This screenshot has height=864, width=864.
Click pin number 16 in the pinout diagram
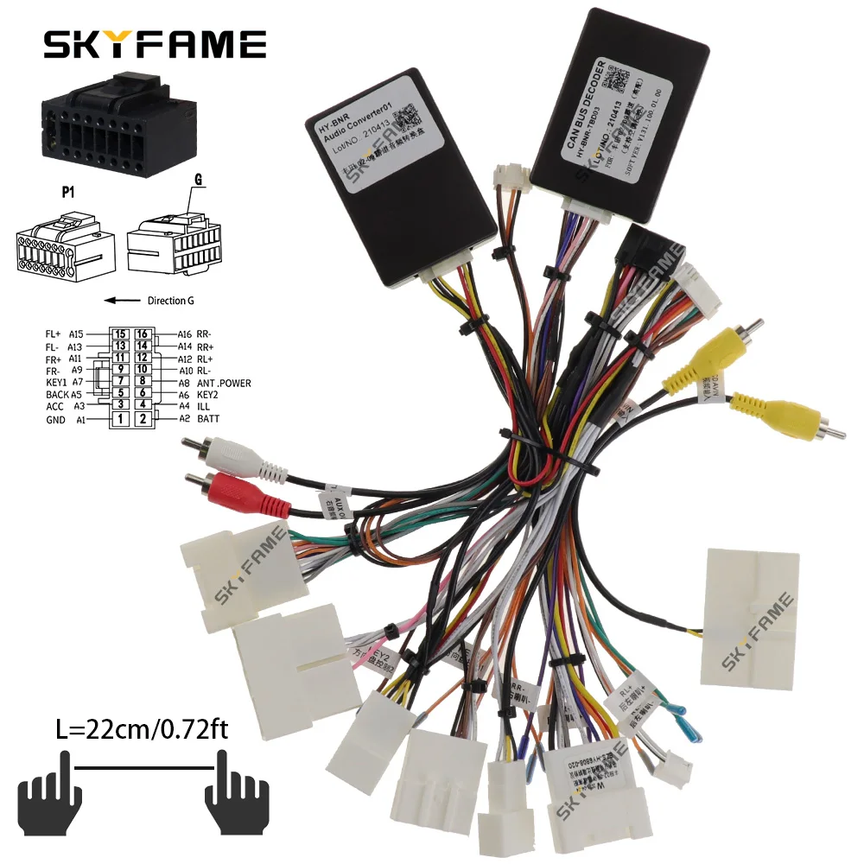(x=143, y=334)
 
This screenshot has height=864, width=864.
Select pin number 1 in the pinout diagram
(x=122, y=419)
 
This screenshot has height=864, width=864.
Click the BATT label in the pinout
(x=207, y=419)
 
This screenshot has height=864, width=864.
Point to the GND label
(x=57, y=420)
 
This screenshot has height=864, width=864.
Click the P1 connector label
(x=67, y=192)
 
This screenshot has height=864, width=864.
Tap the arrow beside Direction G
(x=122, y=301)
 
